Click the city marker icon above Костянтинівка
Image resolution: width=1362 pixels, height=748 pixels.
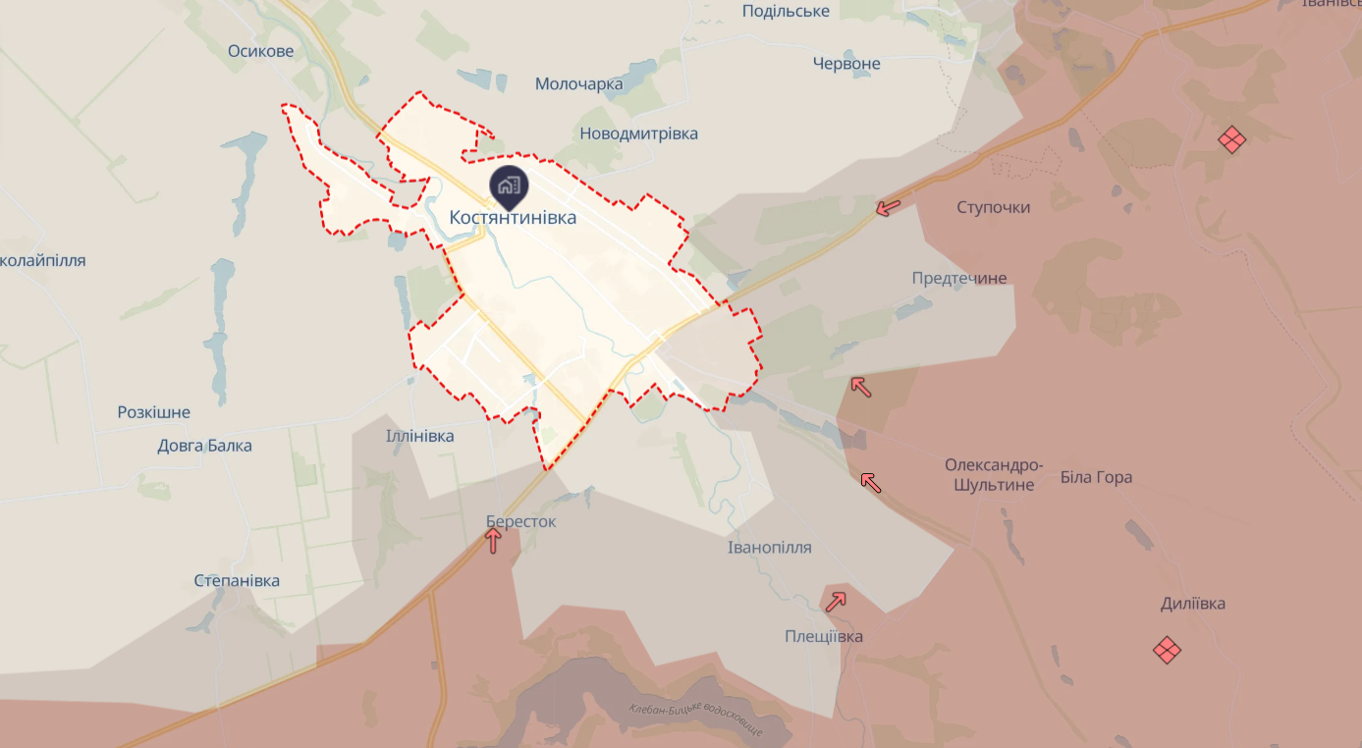(509, 184)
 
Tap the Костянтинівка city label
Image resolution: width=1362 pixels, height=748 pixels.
(513, 218)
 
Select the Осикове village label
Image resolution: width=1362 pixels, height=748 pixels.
(260, 51)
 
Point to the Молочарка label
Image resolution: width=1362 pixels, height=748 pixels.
(578, 84)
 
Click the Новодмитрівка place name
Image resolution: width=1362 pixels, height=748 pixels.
(638, 134)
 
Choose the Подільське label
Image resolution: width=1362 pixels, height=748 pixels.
(786, 12)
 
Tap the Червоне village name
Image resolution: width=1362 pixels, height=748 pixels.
(846, 64)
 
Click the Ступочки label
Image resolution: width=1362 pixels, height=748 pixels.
(993, 208)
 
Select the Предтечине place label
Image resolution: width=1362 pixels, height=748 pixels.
(958, 279)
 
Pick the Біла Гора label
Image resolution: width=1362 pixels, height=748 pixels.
(1096, 478)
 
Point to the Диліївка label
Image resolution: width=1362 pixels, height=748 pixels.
(1192, 604)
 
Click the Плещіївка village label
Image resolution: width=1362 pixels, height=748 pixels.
(823, 637)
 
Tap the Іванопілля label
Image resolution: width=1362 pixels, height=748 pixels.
(769, 548)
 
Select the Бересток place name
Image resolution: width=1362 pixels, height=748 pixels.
(520, 522)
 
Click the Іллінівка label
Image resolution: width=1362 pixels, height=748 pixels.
(419, 436)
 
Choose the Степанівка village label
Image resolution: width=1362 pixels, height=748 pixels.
(237, 581)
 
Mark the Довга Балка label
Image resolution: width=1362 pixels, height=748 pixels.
(204, 447)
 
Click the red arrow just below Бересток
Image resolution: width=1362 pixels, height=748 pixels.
(493, 541)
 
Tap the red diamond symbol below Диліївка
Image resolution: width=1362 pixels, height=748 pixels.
(1167, 650)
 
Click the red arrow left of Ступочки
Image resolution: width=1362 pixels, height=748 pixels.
(888, 207)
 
